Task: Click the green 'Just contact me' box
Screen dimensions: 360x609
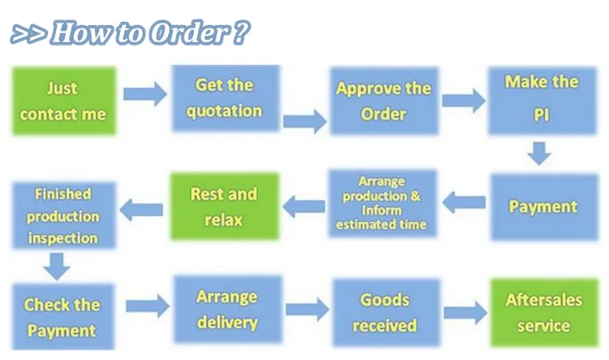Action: [63, 100]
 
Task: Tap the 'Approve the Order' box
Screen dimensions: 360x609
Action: [383, 100]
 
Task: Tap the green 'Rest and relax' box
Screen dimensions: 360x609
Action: [223, 206]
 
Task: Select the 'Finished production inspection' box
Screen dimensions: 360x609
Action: [63, 215]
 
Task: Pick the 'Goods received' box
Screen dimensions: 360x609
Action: [385, 313]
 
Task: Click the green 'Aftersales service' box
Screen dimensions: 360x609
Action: [543, 313]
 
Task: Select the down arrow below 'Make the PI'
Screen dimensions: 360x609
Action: [538, 152]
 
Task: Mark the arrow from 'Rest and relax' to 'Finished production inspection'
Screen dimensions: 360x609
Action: [142, 209]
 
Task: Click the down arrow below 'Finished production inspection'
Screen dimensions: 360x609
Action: [56, 264]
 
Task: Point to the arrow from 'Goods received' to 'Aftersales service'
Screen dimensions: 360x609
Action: [463, 312]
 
